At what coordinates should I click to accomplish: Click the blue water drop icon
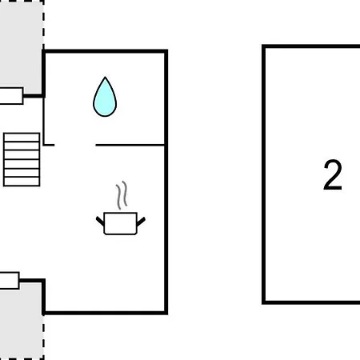[x=105, y=98]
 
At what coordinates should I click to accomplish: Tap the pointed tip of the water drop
[x=105, y=77]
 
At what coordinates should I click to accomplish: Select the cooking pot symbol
[x=121, y=223]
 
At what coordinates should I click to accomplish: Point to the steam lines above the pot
[x=122, y=195]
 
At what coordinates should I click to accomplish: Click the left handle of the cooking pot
[x=100, y=221]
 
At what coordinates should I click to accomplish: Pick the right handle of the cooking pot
[x=141, y=222]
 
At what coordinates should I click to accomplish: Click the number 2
[x=333, y=175]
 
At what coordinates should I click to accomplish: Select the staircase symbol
[x=22, y=159]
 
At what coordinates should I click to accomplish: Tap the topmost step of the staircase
[x=22, y=138]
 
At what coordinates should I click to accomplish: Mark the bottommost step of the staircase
[x=22, y=182]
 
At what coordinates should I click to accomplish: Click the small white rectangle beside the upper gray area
[x=11, y=96]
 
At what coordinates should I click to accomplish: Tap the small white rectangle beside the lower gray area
[x=10, y=281]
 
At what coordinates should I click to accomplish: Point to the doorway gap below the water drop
[x=75, y=145]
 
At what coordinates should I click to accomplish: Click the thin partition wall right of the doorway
[x=130, y=145]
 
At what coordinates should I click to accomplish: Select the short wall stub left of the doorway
[x=49, y=145]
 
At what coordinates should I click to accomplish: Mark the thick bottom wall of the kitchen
[x=106, y=313]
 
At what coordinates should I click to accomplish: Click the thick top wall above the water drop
[x=106, y=51]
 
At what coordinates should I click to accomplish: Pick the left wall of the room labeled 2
[x=264, y=174]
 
